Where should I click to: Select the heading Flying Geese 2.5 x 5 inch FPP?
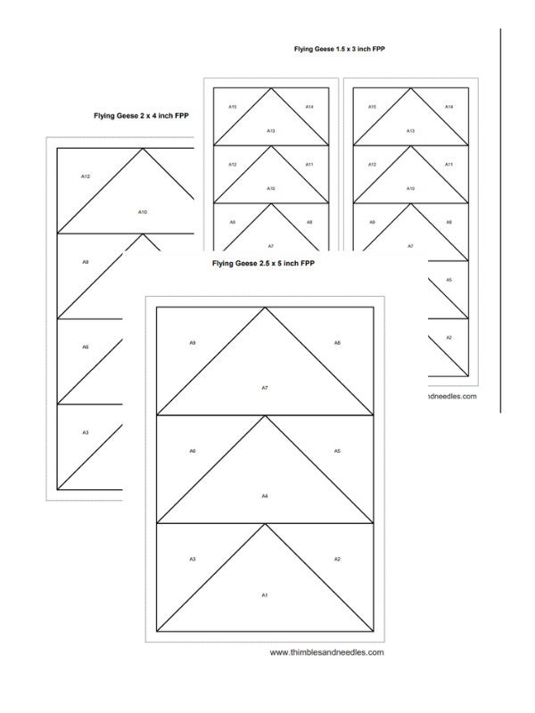point(263,264)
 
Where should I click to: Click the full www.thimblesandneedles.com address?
point(327,652)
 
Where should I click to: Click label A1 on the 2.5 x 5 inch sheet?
point(265,594)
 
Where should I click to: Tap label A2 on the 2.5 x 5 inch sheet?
point(337,559)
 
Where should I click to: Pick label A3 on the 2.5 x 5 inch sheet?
point(193,559)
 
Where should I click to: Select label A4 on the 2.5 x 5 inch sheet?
point(265,496)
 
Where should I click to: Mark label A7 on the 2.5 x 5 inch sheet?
point(265,388)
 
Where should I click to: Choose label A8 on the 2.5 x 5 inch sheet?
point(337,342)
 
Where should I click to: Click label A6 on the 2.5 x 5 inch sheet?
point(193,451)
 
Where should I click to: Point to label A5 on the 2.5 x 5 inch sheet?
point(337,451)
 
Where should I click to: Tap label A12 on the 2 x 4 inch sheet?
point(86,176)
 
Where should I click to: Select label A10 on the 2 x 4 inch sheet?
point(142,211)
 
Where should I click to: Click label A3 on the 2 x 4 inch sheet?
point(86,432)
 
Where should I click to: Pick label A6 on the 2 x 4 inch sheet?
point(86,347)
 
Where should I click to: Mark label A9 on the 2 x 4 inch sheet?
point(86,262)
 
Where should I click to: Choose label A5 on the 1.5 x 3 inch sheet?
point(449,280)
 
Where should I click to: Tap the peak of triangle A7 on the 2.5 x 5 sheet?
point(265,307)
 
